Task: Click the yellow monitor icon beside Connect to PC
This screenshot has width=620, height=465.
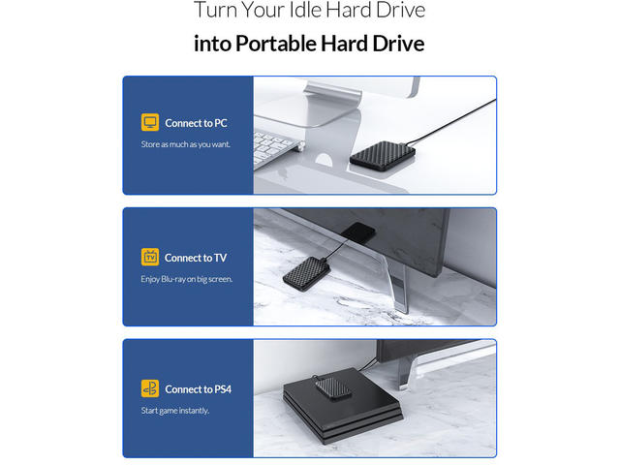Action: (150, 122)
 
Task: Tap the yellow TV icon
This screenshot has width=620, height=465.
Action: (150, 257)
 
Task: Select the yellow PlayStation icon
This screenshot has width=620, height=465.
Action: (150, 388)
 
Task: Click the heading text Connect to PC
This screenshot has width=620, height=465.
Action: (196, 123)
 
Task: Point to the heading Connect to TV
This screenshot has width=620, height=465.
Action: (196, 258)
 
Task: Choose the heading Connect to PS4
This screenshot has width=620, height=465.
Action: (198, 389)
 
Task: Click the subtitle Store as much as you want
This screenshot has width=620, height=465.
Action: (185, 144)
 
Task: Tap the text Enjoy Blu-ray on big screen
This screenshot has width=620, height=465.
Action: (187, 279)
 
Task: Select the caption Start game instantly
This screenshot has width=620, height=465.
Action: (174, 411)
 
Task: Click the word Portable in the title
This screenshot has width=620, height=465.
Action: (277, 44)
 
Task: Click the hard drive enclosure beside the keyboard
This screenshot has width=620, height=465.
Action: (383, 155)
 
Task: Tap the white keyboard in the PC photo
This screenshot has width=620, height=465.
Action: (277, 148)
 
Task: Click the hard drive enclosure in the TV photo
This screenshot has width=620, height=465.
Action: (306, 273)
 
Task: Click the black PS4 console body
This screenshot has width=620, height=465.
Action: (342, 411)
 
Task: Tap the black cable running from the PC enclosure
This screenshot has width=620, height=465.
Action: (450, 123)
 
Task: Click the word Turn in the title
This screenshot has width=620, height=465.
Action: (216, 10)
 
